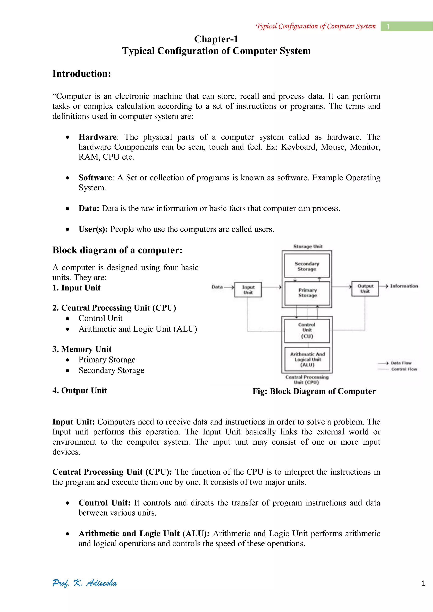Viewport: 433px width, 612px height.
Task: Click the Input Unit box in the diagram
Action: pyautogui.click(x=248, y=289)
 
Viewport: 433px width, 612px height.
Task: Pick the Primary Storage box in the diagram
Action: pyautogui.click(x=307, y=293)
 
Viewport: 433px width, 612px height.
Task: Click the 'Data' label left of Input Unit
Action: pyautogui.click(x=217, y=287)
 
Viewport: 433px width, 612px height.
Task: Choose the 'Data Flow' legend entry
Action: pyautogui.click(x=401, y=363)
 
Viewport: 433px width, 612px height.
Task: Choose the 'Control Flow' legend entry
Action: pyautogui.click(x=404, y=369)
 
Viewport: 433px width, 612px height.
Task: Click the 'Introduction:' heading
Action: pyautogui.click(x=82, y=74)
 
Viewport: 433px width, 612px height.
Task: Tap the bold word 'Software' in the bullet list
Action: pyautogui.click(x=95, y=178)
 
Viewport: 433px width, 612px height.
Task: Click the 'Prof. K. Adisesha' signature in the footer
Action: pyautogui.click(x=85, y=583)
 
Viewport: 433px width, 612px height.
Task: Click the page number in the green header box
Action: pyautogui.click(x=388, y=27)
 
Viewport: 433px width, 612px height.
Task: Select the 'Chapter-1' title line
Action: pyautogui.click(x=216, y=39)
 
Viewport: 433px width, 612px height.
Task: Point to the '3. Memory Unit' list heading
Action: pyautogui.click(x=82, y=349)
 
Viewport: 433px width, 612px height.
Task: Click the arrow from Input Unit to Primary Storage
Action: pyautogui.click(x=271, y=287)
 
